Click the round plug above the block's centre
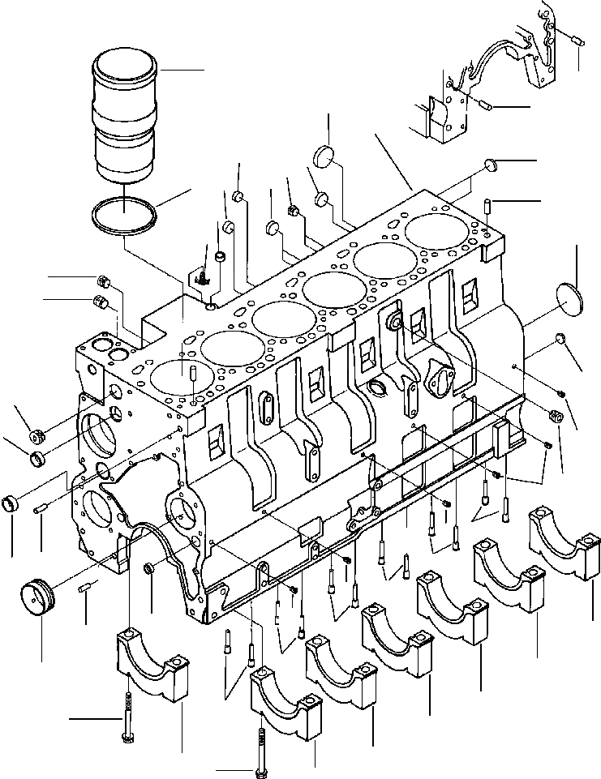pos(326,155)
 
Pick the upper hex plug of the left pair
pos(103,282)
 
